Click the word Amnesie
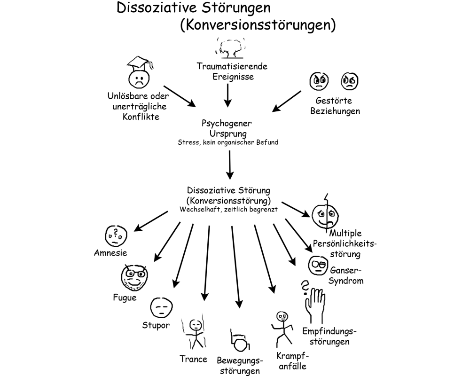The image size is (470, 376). pyautogui.click(x=110, y=253)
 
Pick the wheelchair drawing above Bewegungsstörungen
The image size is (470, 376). pyautogui.click(x=239, y=341)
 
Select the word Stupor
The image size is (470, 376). pyautogui.click(x=156, y=325)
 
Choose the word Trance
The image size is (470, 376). pyautogui.click(x=193, y=359)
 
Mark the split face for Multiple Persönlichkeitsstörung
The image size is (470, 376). pyautogui.click(x=325, y=214)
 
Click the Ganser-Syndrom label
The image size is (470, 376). pyautogui.click(x=347, y=276)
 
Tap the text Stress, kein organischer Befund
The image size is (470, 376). pyautogui.click(x=228, y=142)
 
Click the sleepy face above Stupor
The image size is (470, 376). pyautogui.click(x=160, y=307)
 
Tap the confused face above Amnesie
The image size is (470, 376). pyautogui.click(x=115, y=235)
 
